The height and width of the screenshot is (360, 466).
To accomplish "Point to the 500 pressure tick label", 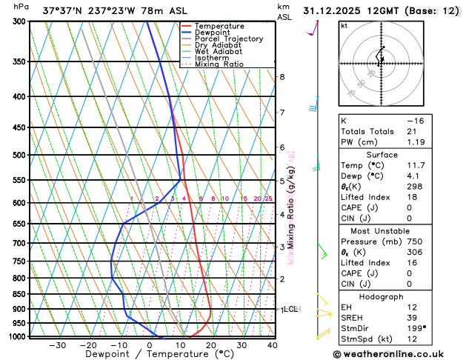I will tap(20, 156).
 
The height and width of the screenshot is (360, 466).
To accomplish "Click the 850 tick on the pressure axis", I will tap(20, 294).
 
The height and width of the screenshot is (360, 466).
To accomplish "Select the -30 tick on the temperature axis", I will tap(57, 345).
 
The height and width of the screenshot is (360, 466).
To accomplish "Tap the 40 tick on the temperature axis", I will tap(272, 345).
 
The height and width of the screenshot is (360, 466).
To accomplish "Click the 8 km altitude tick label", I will tap(282, 77).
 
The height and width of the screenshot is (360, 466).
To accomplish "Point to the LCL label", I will tap(290, 309).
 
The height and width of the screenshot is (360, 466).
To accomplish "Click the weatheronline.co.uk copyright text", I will tap(397, 353).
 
